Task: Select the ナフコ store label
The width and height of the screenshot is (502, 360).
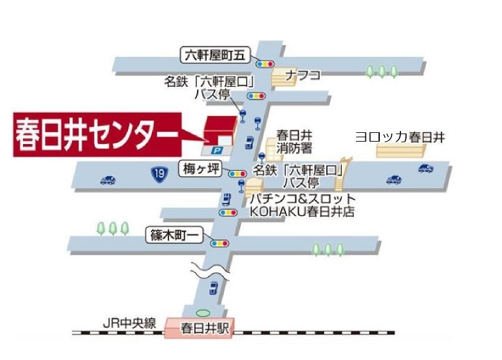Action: (x=302, y=75)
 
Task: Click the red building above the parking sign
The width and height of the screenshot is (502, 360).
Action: (x=220, y=129)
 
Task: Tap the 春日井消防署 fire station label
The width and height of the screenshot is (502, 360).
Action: (x=294, y=142)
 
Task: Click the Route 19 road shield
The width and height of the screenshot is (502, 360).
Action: (x=160, y=174)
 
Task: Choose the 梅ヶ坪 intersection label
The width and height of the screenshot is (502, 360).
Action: (x=201, y=167)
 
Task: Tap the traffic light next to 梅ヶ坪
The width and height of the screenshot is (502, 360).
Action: (x=238, y=174)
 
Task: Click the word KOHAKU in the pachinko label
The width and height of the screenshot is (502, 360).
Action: (x=273, y=212)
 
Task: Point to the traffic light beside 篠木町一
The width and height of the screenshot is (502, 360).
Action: (x=220, y=243)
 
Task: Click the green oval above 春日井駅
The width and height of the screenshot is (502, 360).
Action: (x=202, y=313)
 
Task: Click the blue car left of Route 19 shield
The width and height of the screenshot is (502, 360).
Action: (x=108, y=180)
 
